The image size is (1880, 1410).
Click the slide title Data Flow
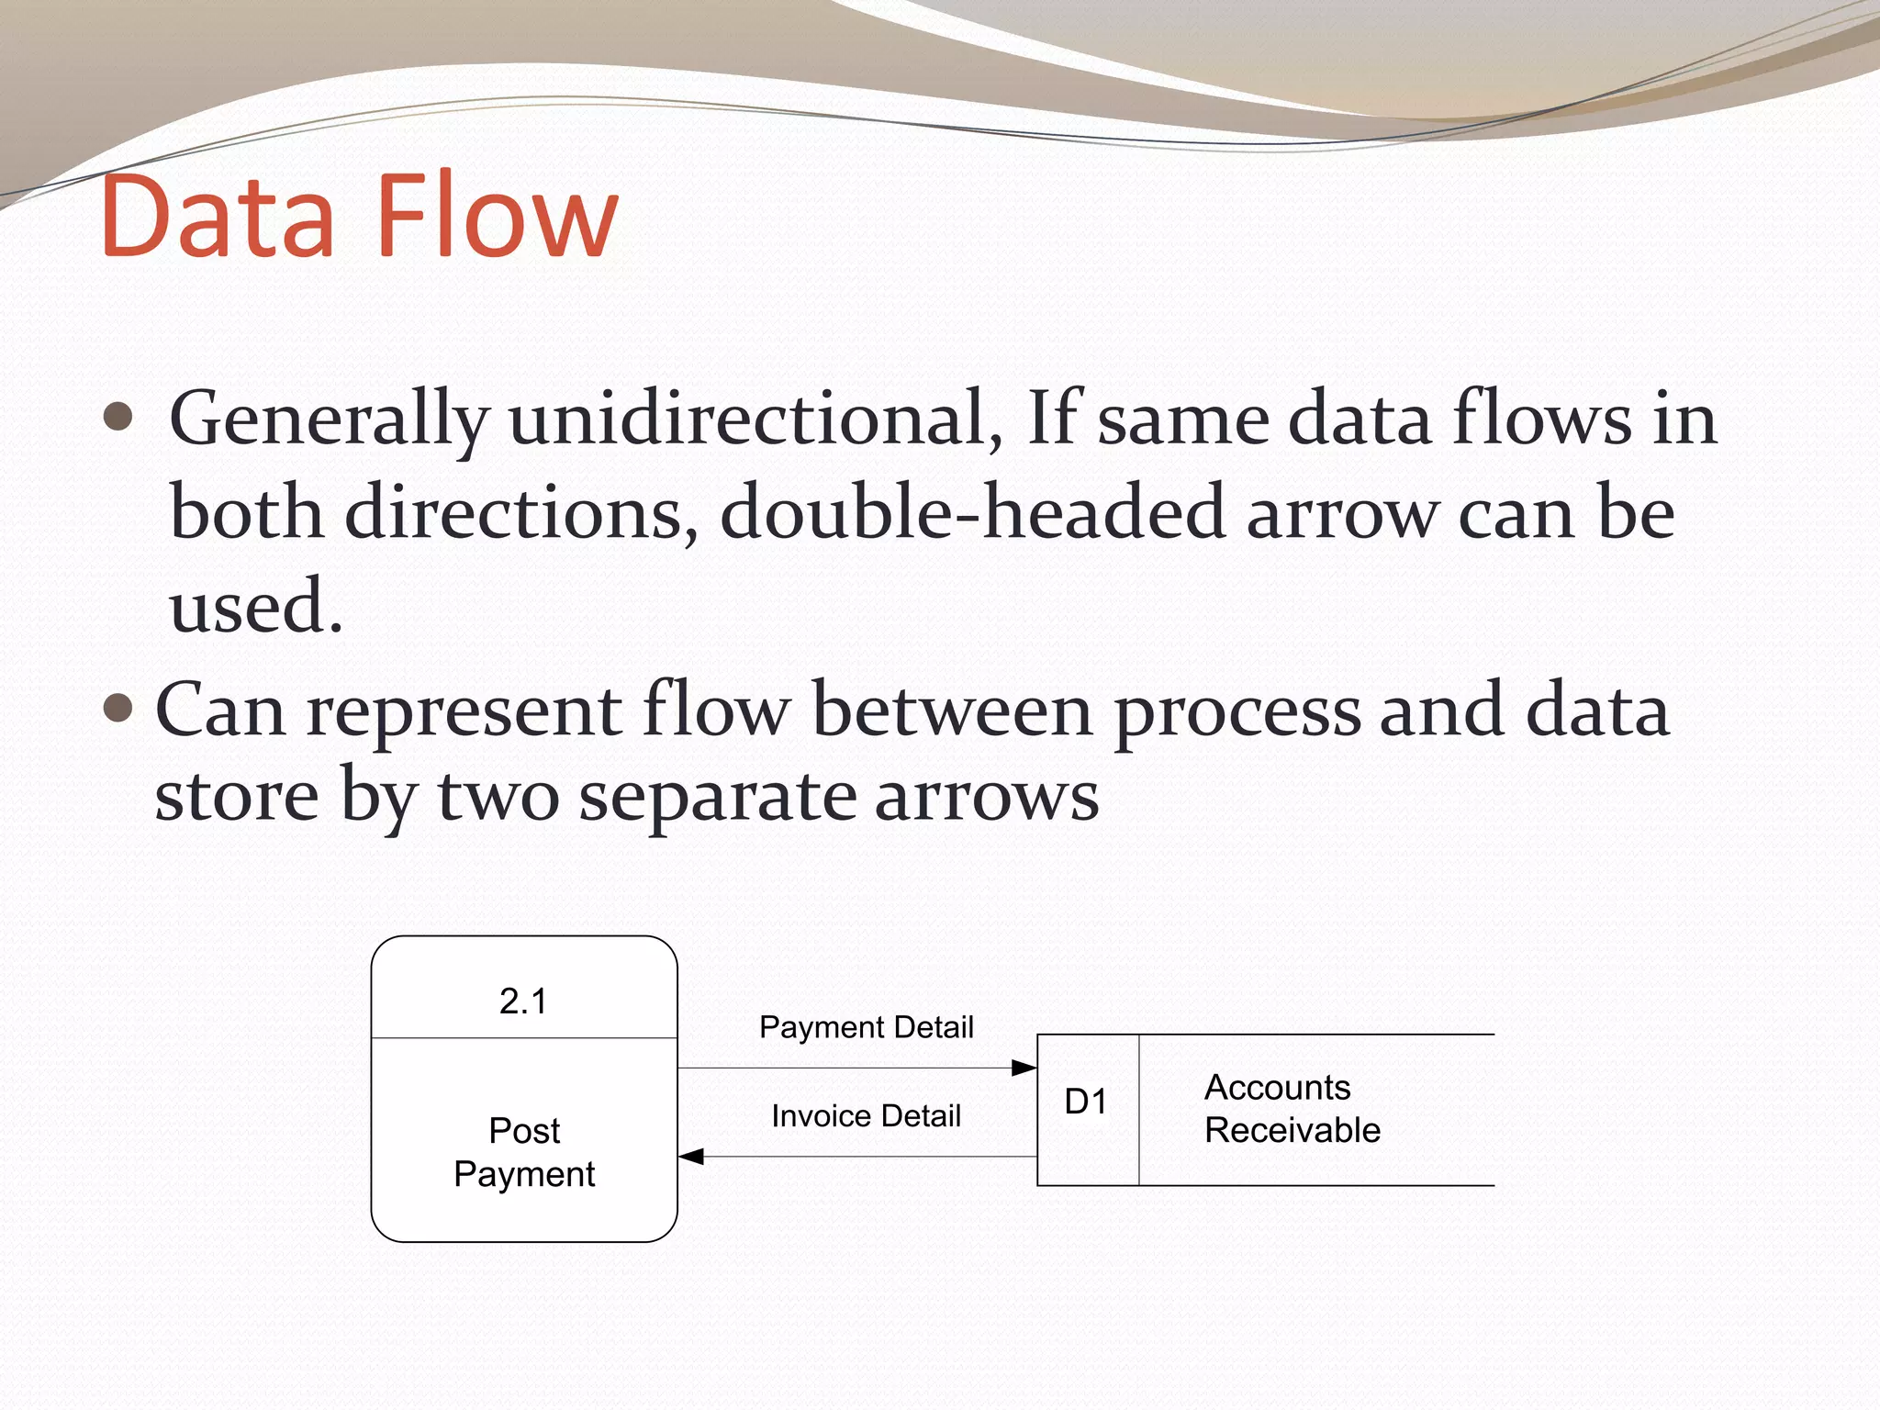359,216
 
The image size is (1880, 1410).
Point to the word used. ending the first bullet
255,607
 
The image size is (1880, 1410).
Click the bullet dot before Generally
118,418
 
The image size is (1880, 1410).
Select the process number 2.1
523,1001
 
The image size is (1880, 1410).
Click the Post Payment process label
524,1152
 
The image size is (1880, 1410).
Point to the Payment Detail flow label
866,1027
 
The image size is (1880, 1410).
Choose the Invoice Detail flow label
866,1116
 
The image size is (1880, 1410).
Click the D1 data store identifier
1086,1102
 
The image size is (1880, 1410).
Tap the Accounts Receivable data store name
1291,1109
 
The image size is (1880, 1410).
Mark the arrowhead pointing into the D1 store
1024,1068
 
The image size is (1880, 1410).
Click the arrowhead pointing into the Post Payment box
691,1157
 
